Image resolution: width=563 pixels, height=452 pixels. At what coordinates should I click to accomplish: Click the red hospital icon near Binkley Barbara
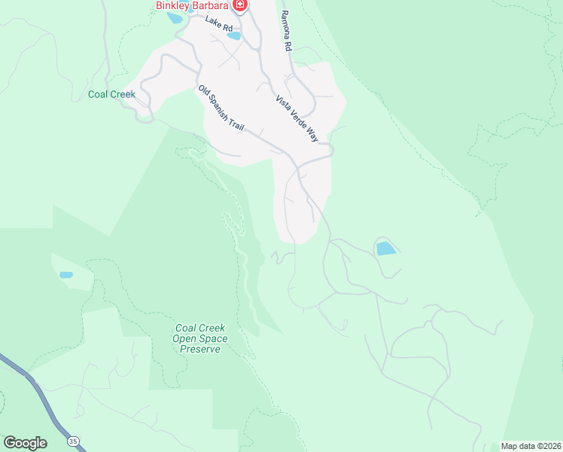coord(240,6)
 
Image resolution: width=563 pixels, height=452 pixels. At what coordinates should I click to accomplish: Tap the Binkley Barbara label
coord(192,5)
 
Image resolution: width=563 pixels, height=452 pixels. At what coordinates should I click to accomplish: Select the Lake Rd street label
coord(219,23)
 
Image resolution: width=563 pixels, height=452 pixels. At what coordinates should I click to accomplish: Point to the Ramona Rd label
coord(285,30)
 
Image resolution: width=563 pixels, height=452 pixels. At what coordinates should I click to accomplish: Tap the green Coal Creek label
coord(111,94)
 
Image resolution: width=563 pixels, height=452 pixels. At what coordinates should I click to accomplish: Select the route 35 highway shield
coord(72,439)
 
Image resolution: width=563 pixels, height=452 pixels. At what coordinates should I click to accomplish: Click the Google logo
coord(25,442)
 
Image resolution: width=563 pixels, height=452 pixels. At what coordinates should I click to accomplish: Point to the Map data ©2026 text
coord(531,446)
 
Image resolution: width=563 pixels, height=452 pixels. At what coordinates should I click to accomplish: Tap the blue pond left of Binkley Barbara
coord(175,17)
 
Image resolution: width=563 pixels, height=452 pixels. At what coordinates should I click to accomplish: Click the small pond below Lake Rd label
coord(234,35)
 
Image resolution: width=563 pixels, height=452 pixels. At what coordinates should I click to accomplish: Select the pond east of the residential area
coord(385,248)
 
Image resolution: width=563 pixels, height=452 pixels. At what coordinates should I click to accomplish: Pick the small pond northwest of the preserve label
coord(66,275)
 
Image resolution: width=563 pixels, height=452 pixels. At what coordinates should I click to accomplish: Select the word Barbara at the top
coord(209,5)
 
